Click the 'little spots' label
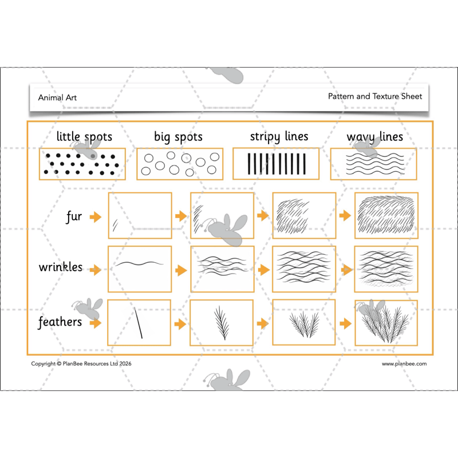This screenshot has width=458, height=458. [84, 137]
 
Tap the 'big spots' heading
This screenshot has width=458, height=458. [178, 137]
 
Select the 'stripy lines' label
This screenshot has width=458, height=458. [279, 137]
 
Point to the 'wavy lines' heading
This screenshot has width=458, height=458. [375, 137]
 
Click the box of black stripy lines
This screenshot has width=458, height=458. [276, 164]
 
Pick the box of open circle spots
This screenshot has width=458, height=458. [179, 164]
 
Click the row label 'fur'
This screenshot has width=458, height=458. [74, 216]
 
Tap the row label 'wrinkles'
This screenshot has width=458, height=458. [61, 267]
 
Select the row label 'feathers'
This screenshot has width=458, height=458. [60, 322]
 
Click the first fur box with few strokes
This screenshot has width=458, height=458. [140, 215]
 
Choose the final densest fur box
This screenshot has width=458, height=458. [386, 215]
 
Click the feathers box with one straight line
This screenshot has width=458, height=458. [140, 323]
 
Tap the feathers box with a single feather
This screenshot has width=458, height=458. [222, 323]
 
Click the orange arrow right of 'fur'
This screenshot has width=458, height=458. [96, 217]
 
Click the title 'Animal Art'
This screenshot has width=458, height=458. [57, 98]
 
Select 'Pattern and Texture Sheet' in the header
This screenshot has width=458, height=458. [375, 96]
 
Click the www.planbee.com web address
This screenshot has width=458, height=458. [404, 364]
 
